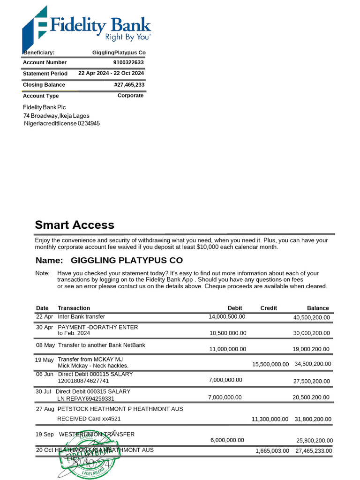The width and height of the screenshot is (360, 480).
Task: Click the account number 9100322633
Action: [128, 62]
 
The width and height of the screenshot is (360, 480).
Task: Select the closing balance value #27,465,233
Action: [129, 85]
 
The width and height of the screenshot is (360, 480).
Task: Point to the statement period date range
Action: [111, 73]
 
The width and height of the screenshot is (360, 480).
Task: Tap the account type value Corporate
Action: [130, 96]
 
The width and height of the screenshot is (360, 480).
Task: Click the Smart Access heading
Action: [75, 225]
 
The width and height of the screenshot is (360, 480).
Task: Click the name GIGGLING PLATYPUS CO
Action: [127, 260]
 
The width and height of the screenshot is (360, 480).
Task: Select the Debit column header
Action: [235, 308]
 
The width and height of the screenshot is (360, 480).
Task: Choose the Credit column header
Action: [269, 308]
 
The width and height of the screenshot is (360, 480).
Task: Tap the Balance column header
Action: [318, 308]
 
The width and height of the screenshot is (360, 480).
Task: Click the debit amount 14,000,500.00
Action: [227, 317]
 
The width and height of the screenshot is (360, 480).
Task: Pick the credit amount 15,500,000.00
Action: [270, 364]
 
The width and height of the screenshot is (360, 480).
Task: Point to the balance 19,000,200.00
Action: [311, 349]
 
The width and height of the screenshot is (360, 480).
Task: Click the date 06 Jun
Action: [45, 375]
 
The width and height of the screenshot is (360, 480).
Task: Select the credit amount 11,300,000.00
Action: [270, 419]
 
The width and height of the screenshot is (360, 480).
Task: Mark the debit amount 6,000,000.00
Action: [227, 440]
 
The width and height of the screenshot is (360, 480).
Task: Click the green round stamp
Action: [86, 454]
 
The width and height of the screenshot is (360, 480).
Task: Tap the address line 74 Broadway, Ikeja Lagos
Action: [56, 116]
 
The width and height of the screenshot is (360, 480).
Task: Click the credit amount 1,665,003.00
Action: [272, 450]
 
